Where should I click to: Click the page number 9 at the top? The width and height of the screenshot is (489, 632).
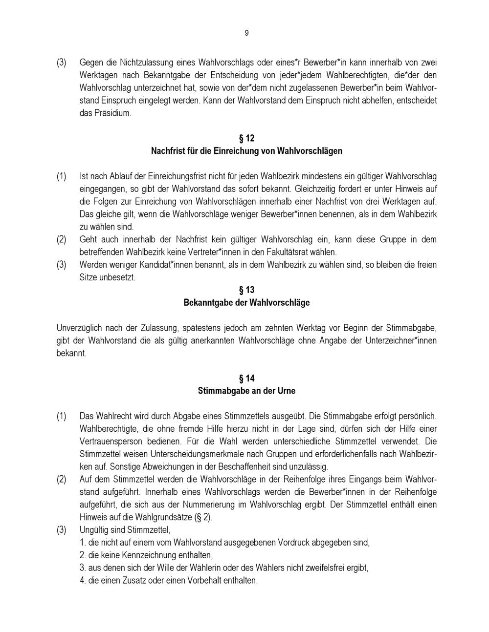click(x=246, y=33)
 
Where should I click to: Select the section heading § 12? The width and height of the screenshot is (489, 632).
click(x=246, y=138)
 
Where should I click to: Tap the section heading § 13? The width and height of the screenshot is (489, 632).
click(x=246, y=290)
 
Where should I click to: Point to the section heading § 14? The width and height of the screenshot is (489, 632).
click(x=246, y=379)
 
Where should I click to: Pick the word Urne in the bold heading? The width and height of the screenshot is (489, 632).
click(x=286, y=391)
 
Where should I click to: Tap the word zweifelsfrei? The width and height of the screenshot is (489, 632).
click(x=311, y=568)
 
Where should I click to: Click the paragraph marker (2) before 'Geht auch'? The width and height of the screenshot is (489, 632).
click(x=61, y=240)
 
